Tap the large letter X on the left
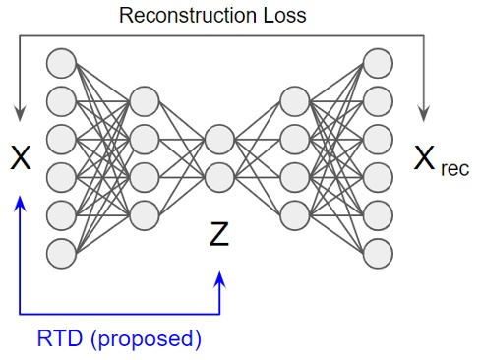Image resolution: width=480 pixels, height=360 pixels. coord(21,156)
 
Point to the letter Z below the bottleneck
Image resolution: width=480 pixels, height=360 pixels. coord(220,234)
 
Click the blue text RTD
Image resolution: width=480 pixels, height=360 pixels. coord(58,340)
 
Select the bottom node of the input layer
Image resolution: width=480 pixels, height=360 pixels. coord(61,252)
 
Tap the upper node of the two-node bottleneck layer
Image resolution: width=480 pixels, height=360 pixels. coord(219,140)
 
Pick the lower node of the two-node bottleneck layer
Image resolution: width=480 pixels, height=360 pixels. coord(219,177)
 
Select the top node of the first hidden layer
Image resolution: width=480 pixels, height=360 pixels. coord(144,101)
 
